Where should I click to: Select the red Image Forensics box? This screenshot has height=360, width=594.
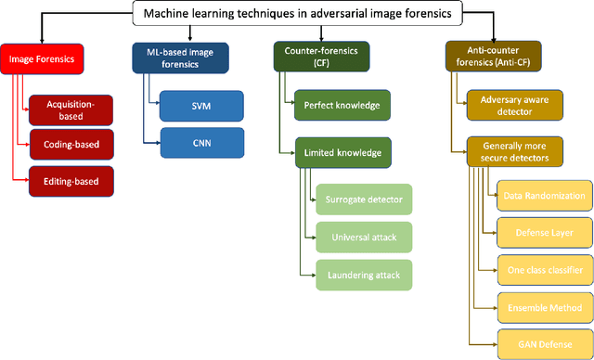(42, 59)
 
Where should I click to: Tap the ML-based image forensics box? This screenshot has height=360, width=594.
(168, 58)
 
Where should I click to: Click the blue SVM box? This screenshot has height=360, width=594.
(201, 106)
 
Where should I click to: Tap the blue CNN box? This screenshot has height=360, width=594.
(201, 144)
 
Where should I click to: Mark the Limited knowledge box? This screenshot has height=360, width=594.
(342, 153)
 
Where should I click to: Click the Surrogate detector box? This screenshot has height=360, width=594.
(362, 200)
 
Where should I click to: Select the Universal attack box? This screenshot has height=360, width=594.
(362, 238)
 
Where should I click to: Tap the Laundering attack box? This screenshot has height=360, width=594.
(362, 275)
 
